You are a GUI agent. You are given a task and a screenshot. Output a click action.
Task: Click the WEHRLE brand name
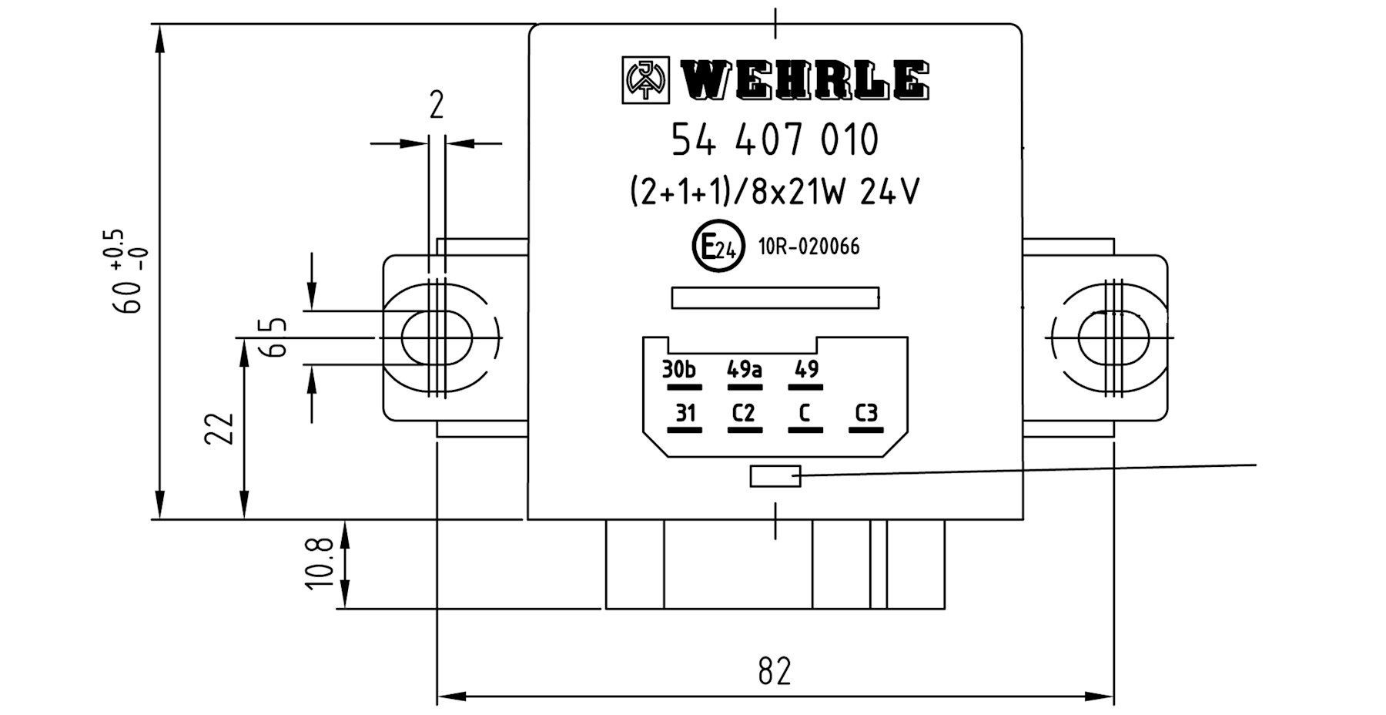pos(805,80)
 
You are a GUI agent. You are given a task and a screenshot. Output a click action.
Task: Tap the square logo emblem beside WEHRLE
pos(646,80)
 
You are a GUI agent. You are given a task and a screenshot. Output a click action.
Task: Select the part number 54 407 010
pos(775,140)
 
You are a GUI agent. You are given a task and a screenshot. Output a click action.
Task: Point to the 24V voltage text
pos(889,192)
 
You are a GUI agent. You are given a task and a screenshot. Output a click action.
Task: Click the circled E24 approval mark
pos(718,247)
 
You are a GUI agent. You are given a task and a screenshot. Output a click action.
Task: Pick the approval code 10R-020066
pos(808,247)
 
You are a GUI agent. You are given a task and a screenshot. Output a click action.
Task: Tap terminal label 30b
pos(679,370)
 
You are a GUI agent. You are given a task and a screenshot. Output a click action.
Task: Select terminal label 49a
pos(745,370)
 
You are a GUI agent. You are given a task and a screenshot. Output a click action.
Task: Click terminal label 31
pos(685,414)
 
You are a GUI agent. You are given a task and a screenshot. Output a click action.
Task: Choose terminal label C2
pos(744,414)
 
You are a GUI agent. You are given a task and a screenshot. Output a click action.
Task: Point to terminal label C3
pos(866,414)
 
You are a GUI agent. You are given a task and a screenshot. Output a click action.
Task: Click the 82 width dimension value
pos(775,671)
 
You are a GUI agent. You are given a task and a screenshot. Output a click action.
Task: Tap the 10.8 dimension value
pos(320,564)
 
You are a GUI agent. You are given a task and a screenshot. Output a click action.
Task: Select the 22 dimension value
pos(219,429)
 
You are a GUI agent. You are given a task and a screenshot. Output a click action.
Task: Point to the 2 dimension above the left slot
pos(437,106)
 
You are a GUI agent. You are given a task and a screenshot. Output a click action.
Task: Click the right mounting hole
pos(1110,337)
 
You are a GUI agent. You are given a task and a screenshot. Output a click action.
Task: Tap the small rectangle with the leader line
pos(775,476)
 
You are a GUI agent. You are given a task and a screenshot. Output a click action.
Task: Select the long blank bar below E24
pos(775,297)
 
